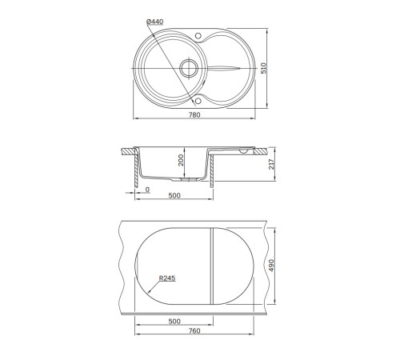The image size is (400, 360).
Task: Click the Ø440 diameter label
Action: [x=155, y=22]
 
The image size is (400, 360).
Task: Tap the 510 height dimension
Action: [x=263, y=68]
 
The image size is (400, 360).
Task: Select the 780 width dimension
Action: [x=194, y=114]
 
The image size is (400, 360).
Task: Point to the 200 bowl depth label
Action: [x=181, y=160]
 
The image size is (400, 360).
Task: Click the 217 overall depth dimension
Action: [x=271, y=164]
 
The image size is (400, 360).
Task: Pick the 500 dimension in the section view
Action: [x=174, y=195]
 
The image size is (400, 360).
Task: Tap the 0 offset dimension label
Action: [x=147, y=190]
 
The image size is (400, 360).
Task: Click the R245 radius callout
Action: [x=167, y=278]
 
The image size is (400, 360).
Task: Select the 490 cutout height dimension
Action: [x=271, y=266]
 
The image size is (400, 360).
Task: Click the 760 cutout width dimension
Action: [x=194, y=330]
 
